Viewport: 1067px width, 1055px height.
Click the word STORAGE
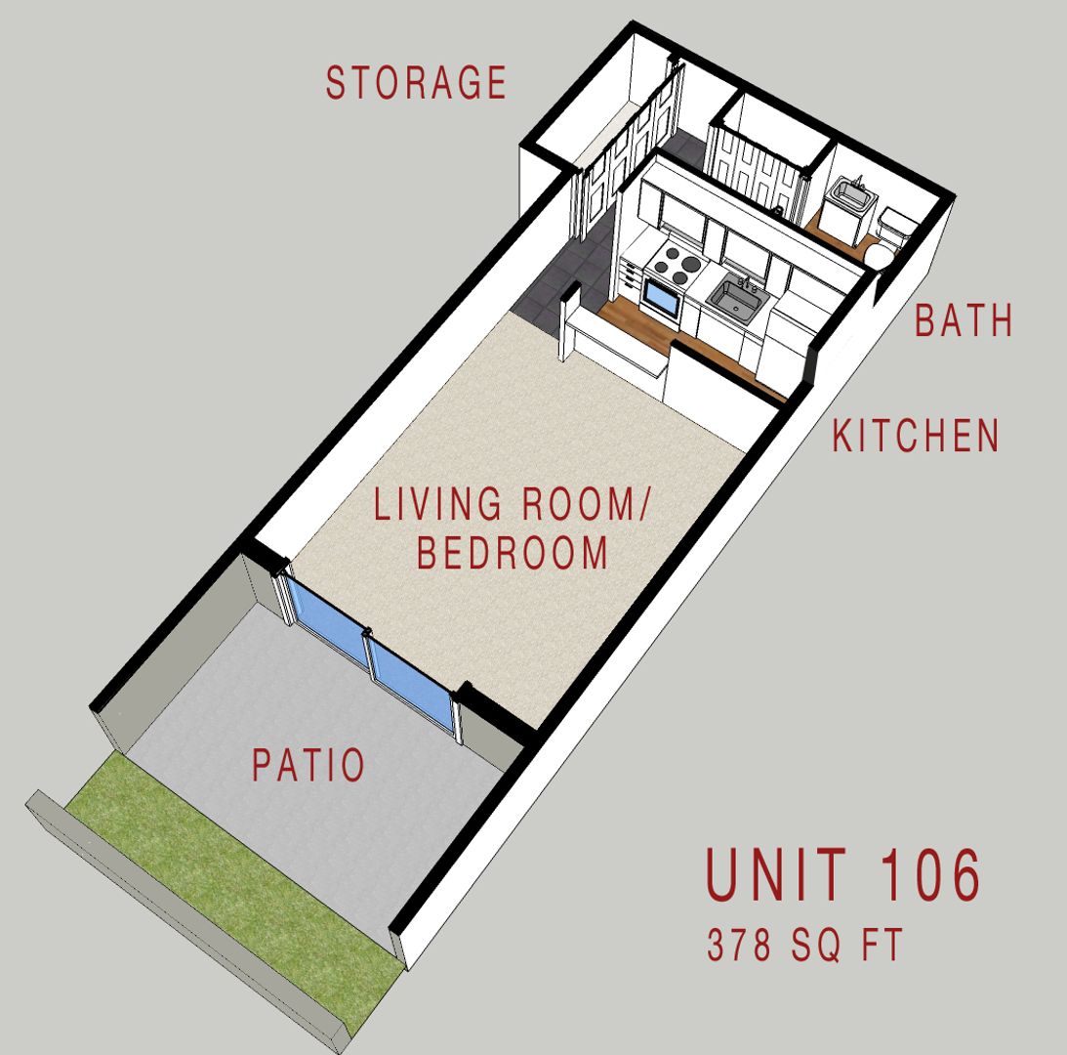pos(416,82)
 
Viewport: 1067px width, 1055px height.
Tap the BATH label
pos(964,320)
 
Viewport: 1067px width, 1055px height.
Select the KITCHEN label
pos(916,436)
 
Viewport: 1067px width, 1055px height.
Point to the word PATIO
pos(308,764)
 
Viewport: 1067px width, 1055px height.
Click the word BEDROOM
pos(513,552)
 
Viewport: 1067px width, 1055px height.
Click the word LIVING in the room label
pos(438,505)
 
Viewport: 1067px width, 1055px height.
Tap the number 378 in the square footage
pos(739,945)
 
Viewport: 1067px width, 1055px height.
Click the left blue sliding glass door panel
pos(324,622)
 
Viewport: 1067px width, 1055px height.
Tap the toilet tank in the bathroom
pos(899,227)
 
